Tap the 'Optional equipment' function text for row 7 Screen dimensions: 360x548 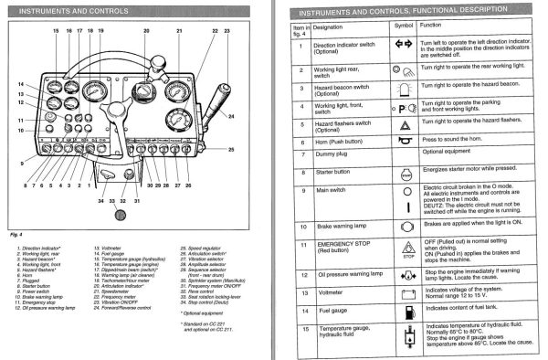(x=451, y=152)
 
